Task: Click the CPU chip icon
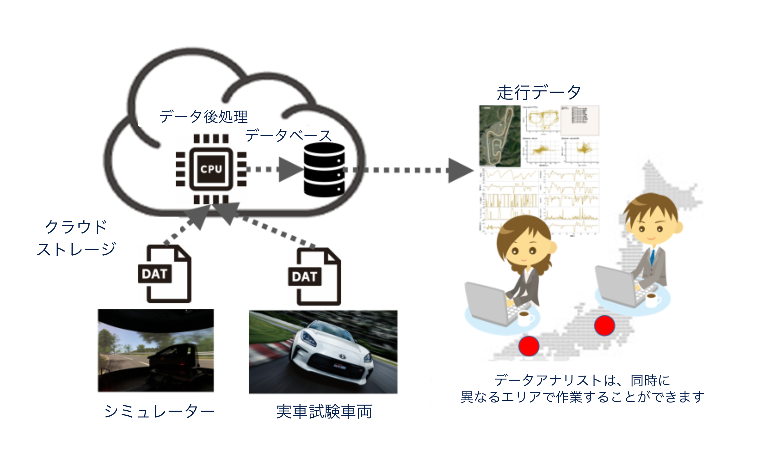click(211, 169)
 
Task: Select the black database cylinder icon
click(324, 170)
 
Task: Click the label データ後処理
click(203, 117)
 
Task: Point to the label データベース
click(288, 135)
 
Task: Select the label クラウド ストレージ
click(76, 238)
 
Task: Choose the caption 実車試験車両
click(324, 412)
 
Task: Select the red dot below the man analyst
click(604, 326)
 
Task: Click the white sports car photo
click(323, 352)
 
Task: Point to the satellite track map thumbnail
click(500, 136)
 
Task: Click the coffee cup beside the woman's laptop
click(525, 318)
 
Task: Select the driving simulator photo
click(156, 350)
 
